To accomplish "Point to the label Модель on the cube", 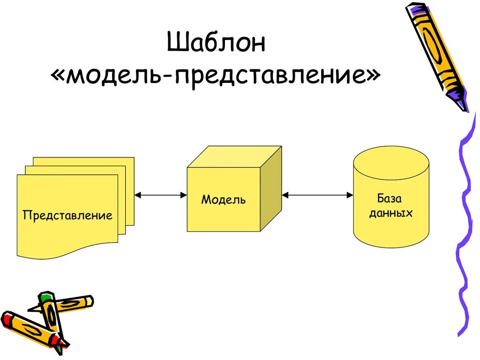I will pyautogui.click(x=224, y=200).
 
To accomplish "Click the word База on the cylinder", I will pyautogui.click(x=390, y=198).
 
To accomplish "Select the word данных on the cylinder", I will pyautogui.click(x=390, y=213).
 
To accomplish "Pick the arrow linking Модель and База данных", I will pyautogui.click(x=317, y=195).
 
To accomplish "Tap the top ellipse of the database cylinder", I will pyautogui.click(x=391, y=161).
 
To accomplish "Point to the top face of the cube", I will pyautogui.click(x=234, y=157).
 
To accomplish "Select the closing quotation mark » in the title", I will pyautogui.click(x=372, y=76).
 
